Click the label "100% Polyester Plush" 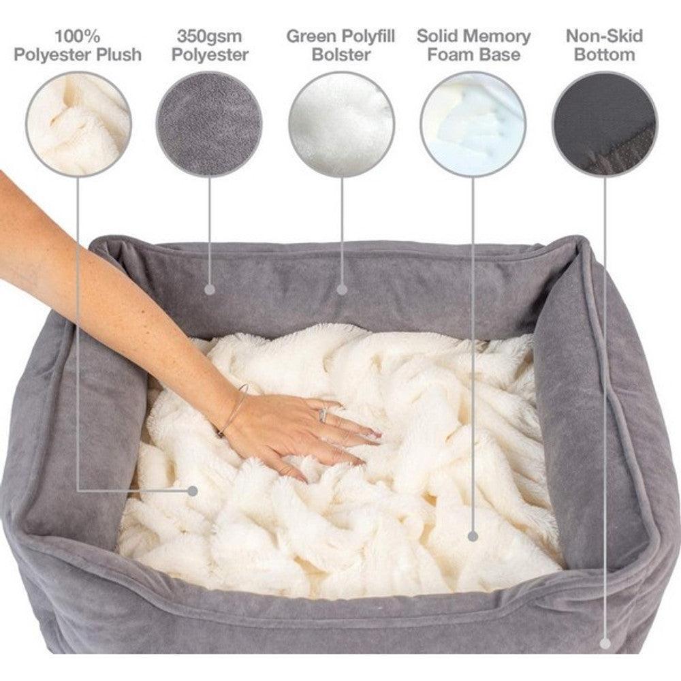(x=78, y=45)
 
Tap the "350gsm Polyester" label (x=209, y=45)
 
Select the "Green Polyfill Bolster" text (x=340, y=45)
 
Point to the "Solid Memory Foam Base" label (x=473, y=45)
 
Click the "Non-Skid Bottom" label (x=604, y=45)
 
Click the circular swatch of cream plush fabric (x=78, y=124)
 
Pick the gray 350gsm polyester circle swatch (x=209, y=124)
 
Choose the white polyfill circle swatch (x=341, y=124)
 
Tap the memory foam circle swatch (x=473, y=124)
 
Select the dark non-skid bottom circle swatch (x=605, y=124)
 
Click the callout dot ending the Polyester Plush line (x=193, y=490)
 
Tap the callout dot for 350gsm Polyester (x=210, y=289)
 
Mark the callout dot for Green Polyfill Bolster (x=342, y=289)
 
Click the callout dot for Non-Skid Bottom (x=604, y=642)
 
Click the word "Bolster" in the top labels (x=340, y=54)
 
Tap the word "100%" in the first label (x=78, y=35)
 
